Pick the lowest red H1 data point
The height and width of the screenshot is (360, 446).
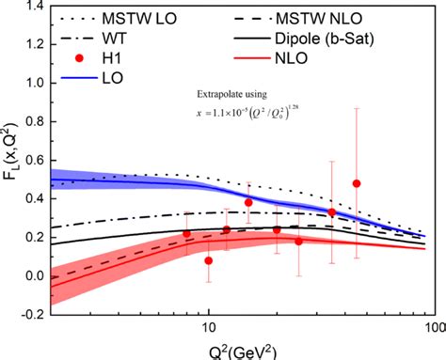[x=209, y=260]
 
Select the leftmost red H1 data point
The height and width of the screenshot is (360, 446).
[x=186, y=234]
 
